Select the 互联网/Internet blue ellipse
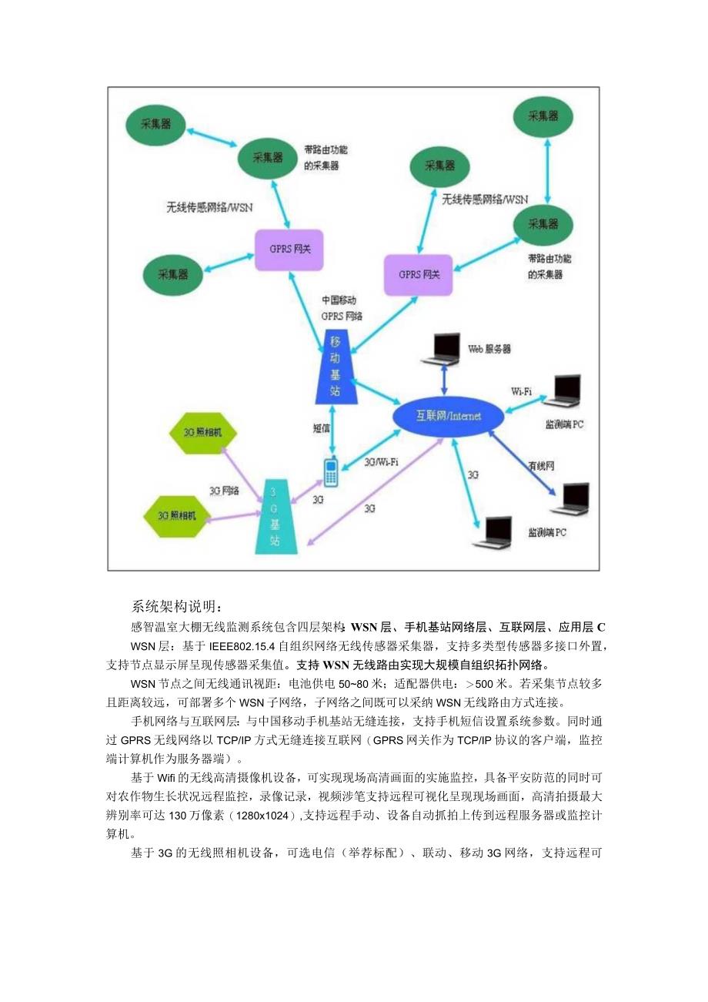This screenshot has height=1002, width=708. pos(449,416)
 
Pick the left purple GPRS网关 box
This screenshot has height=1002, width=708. pos(289,250)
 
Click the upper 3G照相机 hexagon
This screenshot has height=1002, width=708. pos(202,434)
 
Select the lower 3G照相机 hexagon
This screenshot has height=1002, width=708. pos(176,515)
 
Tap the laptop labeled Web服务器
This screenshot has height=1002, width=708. pos(443,349)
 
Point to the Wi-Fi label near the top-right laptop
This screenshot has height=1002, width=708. pos(521,391)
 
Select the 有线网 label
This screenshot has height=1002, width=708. pos(541,466)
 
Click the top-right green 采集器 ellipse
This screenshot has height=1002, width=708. pos(543,116)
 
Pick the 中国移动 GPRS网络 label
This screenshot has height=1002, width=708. pos(342,308)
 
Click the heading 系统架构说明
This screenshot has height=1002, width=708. pos(176,605)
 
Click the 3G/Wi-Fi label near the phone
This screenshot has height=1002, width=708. pos(381,462)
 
